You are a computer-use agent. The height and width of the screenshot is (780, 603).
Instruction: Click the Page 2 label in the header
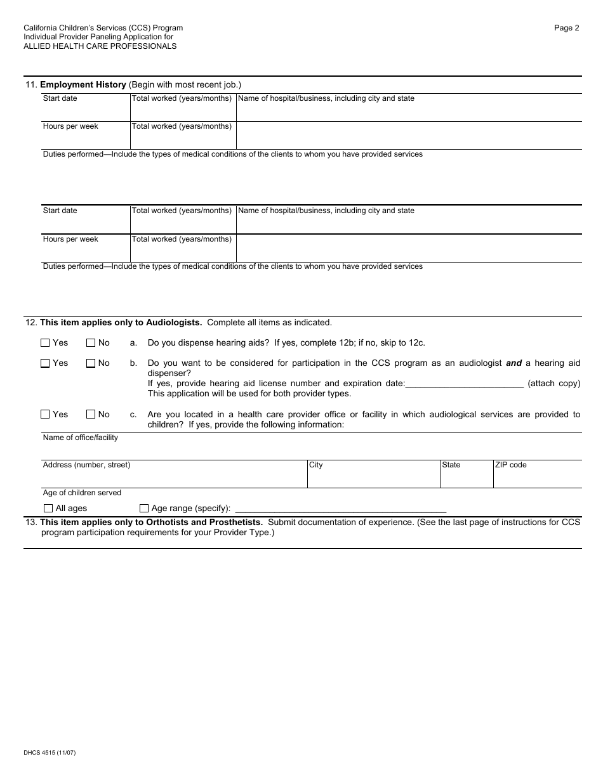point(566,28)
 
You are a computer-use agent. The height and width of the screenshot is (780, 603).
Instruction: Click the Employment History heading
point(83,84)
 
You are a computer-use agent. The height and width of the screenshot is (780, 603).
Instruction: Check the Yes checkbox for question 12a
point(45,343)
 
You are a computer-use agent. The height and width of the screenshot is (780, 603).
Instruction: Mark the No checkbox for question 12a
point(91,343)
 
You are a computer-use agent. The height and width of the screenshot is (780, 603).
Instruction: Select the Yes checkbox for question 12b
point(45,363)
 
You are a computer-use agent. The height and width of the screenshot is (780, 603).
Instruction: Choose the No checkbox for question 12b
point(91,363)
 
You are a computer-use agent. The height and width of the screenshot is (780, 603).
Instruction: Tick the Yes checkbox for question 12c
point(45,414)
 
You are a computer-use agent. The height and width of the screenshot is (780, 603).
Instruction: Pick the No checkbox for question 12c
point(91,414)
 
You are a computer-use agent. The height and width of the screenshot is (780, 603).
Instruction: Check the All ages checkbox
point(48,508)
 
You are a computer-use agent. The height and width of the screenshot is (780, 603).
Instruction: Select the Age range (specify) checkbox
point(144,508)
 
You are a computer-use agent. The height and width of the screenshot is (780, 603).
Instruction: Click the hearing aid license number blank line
point(464,384)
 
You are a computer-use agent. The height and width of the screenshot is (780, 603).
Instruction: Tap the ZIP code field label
point(510,465)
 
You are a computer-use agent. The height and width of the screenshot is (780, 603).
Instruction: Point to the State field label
point(451,465)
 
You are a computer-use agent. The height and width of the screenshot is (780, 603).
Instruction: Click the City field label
point(315,465)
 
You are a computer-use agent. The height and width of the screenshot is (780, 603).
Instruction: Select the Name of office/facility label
point(80,438)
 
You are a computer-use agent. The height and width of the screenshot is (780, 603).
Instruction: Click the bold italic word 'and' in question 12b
point(514,363)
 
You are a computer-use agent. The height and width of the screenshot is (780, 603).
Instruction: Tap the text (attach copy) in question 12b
point(553,384)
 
